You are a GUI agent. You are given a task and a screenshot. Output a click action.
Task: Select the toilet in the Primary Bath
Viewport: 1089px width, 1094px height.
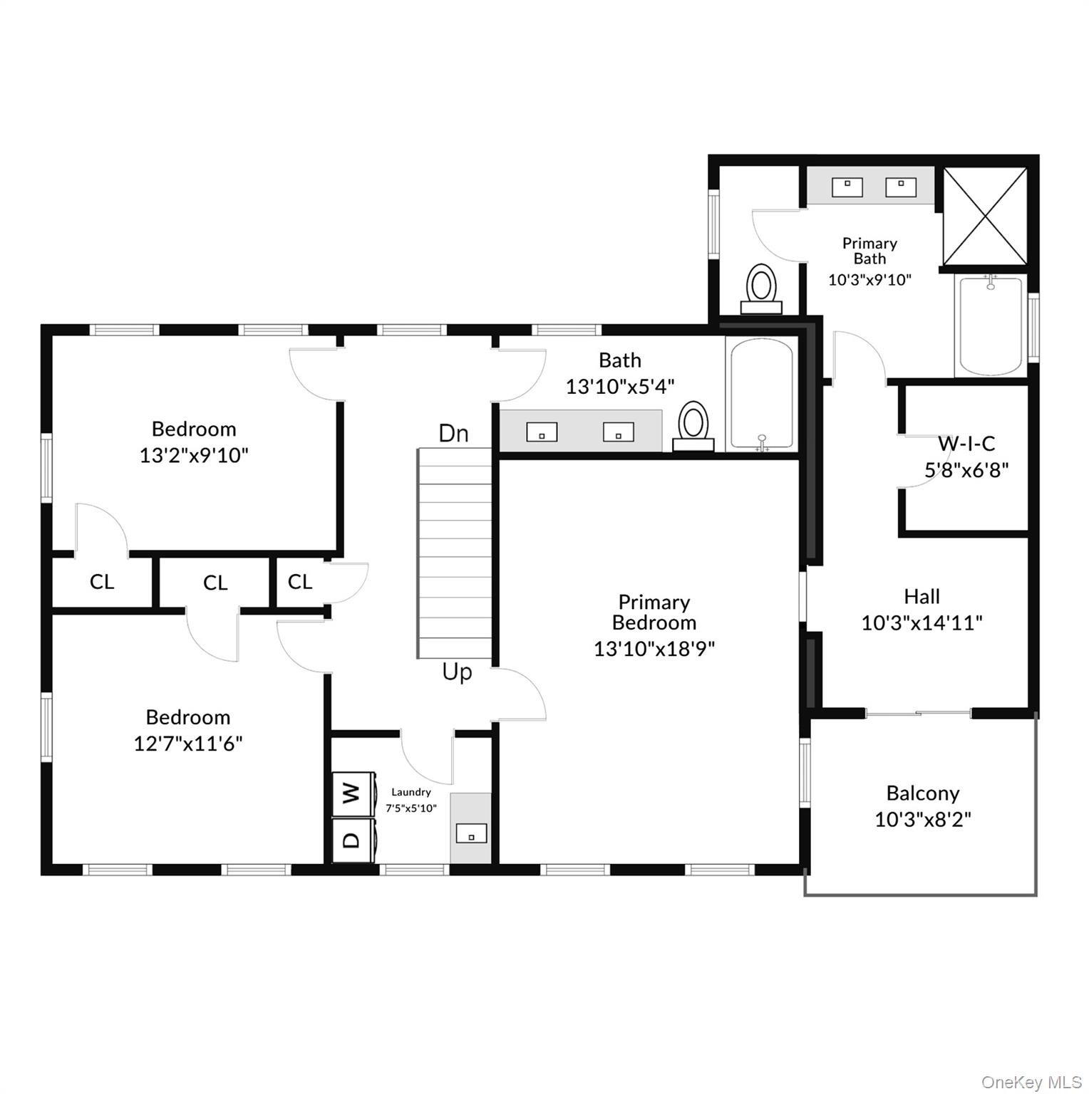pyautogui.click(x=761, y=289)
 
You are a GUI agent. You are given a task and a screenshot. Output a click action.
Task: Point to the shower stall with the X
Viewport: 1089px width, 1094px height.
pyautogui.click(x=985, y=216)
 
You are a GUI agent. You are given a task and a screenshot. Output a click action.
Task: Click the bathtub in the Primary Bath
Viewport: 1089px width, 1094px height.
pyautogui.click(x=991, y=325)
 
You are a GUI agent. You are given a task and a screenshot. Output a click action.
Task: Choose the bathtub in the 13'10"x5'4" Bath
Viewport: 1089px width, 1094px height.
pyautogui.click(x=761, y=395)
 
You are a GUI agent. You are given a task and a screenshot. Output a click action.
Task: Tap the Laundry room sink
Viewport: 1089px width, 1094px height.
pyautogui.click(x=471, y=833)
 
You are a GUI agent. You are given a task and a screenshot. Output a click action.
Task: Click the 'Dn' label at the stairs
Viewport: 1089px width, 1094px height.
pyautogui.click(x=453, y=433)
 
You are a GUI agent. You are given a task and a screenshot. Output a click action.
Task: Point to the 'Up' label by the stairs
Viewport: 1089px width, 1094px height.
pyautogui.click(x=457, y=672)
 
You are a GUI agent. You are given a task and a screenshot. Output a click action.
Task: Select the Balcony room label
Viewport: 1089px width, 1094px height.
pyautogui.click(x=922, y=793)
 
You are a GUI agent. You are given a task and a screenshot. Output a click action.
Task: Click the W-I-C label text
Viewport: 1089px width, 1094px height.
pyautogui.click(x=966, y=444)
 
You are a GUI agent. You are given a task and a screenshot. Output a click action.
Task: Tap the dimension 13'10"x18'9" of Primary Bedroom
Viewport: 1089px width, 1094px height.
pyautogui.click(x=654, y=649)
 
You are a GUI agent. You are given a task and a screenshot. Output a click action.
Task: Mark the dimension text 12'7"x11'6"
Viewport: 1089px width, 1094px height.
pyautogui.click(x=188, y=744)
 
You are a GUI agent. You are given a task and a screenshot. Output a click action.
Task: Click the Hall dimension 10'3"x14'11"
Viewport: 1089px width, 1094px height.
pyautogui.click(x=922, y=623)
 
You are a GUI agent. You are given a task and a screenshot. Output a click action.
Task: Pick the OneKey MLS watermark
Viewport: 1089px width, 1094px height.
pyautogui.click(x=1031, y=1082)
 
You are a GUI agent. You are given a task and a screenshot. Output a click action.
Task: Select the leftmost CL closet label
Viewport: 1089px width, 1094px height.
pyautogui.click(x=101, y=582)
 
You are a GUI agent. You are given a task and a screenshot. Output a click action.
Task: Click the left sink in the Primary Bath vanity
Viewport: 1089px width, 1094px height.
pyautogui.click(x=847, y=187)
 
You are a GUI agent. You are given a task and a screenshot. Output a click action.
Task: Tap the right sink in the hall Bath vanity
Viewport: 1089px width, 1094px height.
pyautogui.click(x=618, y=432)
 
